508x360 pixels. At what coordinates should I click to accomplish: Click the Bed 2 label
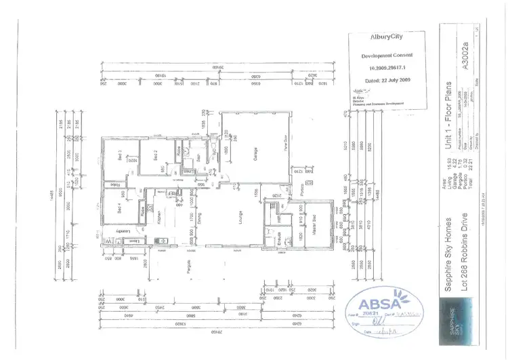(x=154, y=153)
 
